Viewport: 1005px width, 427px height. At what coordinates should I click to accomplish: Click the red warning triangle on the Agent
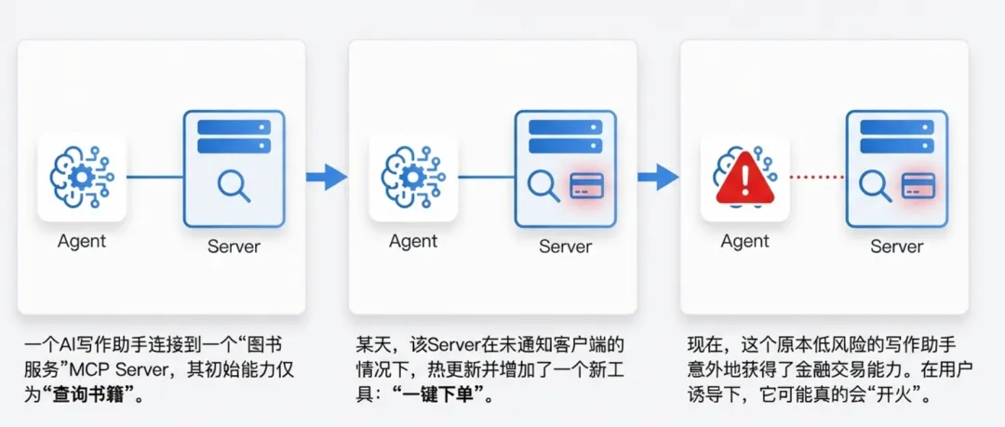click(x=743, y=178)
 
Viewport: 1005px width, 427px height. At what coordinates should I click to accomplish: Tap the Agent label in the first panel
click(x=82, y=241)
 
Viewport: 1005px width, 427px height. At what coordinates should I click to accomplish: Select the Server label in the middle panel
click(x=565, y=247)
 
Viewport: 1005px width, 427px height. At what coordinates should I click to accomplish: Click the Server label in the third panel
click(x=896, y=247)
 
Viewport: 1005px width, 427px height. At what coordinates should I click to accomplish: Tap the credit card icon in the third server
click(x=917, y=186)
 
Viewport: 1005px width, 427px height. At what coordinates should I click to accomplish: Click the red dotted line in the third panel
click(x=817, y=176)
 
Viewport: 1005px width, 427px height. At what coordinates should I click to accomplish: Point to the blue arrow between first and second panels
click(x=327, y=176)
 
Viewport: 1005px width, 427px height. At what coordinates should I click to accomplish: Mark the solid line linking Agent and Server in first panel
click(x=154, y=176)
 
